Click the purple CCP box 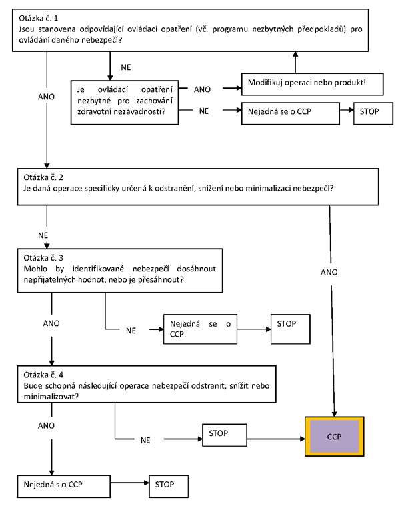pos(335,436)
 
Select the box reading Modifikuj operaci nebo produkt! pos(312,84)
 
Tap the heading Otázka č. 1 pos(38,18)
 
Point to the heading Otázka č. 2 pos(43,177)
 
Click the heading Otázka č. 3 pos(43,258)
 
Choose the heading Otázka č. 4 pos(43,375)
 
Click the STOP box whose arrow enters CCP pos(224,435)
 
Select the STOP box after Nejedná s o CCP pos(169,486)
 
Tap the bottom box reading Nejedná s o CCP pos(64,486)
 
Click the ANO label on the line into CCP pos(329,272)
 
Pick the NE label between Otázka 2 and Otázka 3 pos(43,235)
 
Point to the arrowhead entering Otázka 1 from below pos(295,54)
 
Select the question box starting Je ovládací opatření pos(125,103)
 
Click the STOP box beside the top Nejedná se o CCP pos(373,113)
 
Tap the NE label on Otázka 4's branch pos(145,440)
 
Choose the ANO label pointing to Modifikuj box pos(202,89)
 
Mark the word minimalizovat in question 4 pos(51,397)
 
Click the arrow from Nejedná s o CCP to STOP pos(129,483)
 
